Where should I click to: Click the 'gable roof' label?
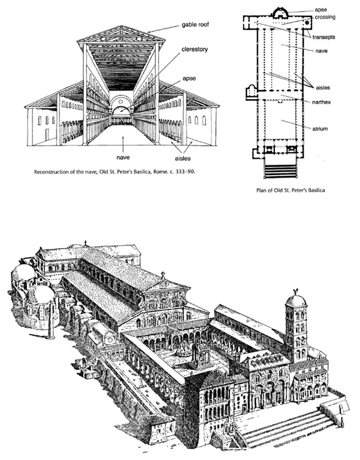pos(195,25)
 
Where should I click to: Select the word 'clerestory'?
pos(195,49)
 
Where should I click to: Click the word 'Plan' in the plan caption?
pos(260,190)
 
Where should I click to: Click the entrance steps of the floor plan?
pos(280,171)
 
